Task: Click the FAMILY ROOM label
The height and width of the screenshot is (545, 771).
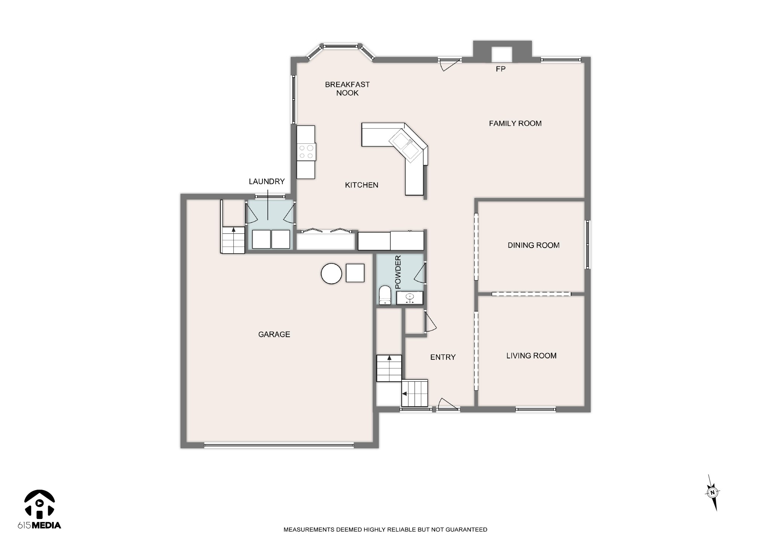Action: [515, 123]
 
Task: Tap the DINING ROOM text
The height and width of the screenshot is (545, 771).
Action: [533, 245]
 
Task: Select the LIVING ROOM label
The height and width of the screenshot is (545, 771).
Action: [531, 356]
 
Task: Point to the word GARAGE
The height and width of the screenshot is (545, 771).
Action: [274, 334]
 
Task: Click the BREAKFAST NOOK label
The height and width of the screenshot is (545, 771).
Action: [347, 89]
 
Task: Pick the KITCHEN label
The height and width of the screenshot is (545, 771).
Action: [361, 185]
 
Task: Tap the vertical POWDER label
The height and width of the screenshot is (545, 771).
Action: [398, 272]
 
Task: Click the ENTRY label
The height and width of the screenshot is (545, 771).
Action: [443, 357]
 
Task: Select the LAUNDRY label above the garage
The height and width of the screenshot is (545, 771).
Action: [267, 181]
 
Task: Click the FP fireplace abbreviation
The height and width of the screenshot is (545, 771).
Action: [500, 69]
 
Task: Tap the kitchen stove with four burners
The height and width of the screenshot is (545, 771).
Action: [306, 152]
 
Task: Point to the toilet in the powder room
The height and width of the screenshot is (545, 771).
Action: [385, 295]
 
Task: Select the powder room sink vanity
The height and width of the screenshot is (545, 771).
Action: [410, 298]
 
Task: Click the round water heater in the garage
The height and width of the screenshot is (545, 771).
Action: [331, 273]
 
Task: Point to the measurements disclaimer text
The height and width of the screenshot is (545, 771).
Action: [385, 530]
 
